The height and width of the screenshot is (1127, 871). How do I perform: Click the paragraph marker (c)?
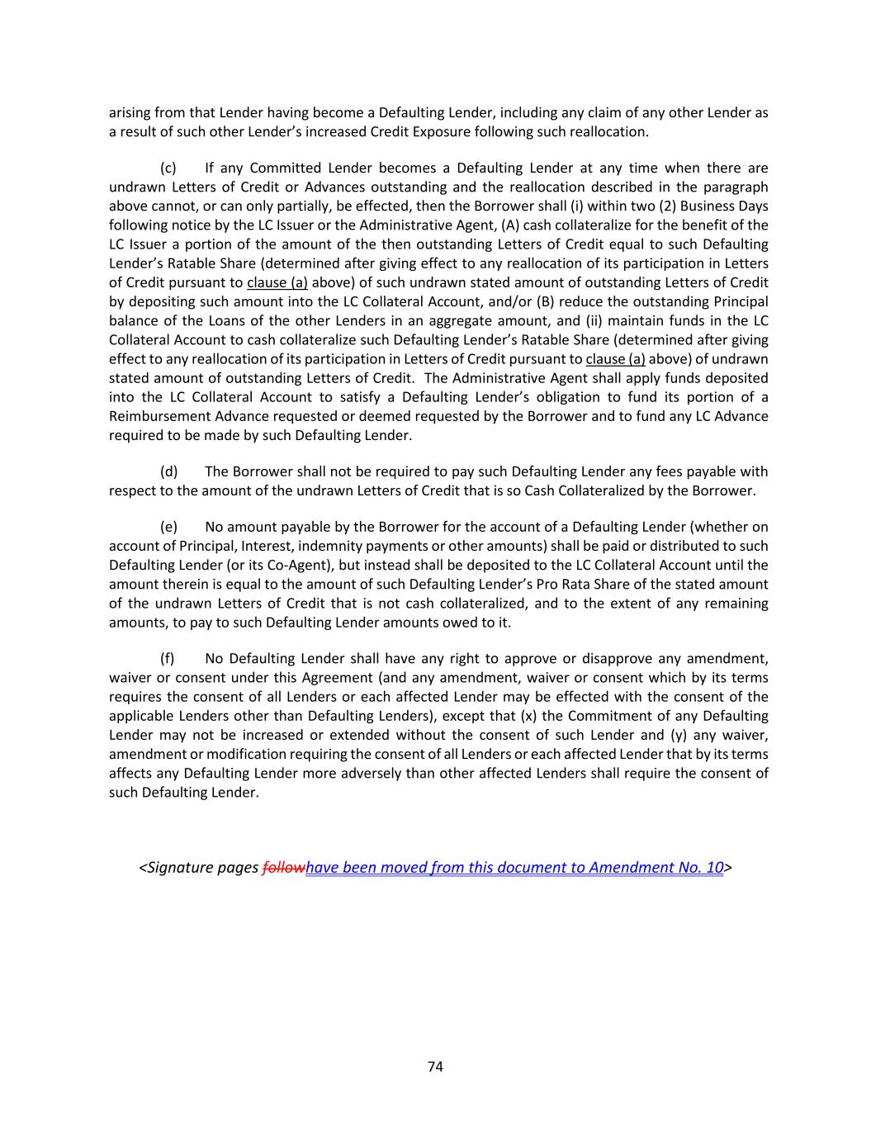coord(168,168)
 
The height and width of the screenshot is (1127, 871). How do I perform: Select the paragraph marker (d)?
coord(168,471)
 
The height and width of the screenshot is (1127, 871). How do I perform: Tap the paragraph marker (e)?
coord(168,527)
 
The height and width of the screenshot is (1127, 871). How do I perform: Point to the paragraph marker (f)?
coord(168,659)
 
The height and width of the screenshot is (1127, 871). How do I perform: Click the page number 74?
coord(436,1067)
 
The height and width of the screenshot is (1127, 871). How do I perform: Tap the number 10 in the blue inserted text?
coord(715,868)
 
